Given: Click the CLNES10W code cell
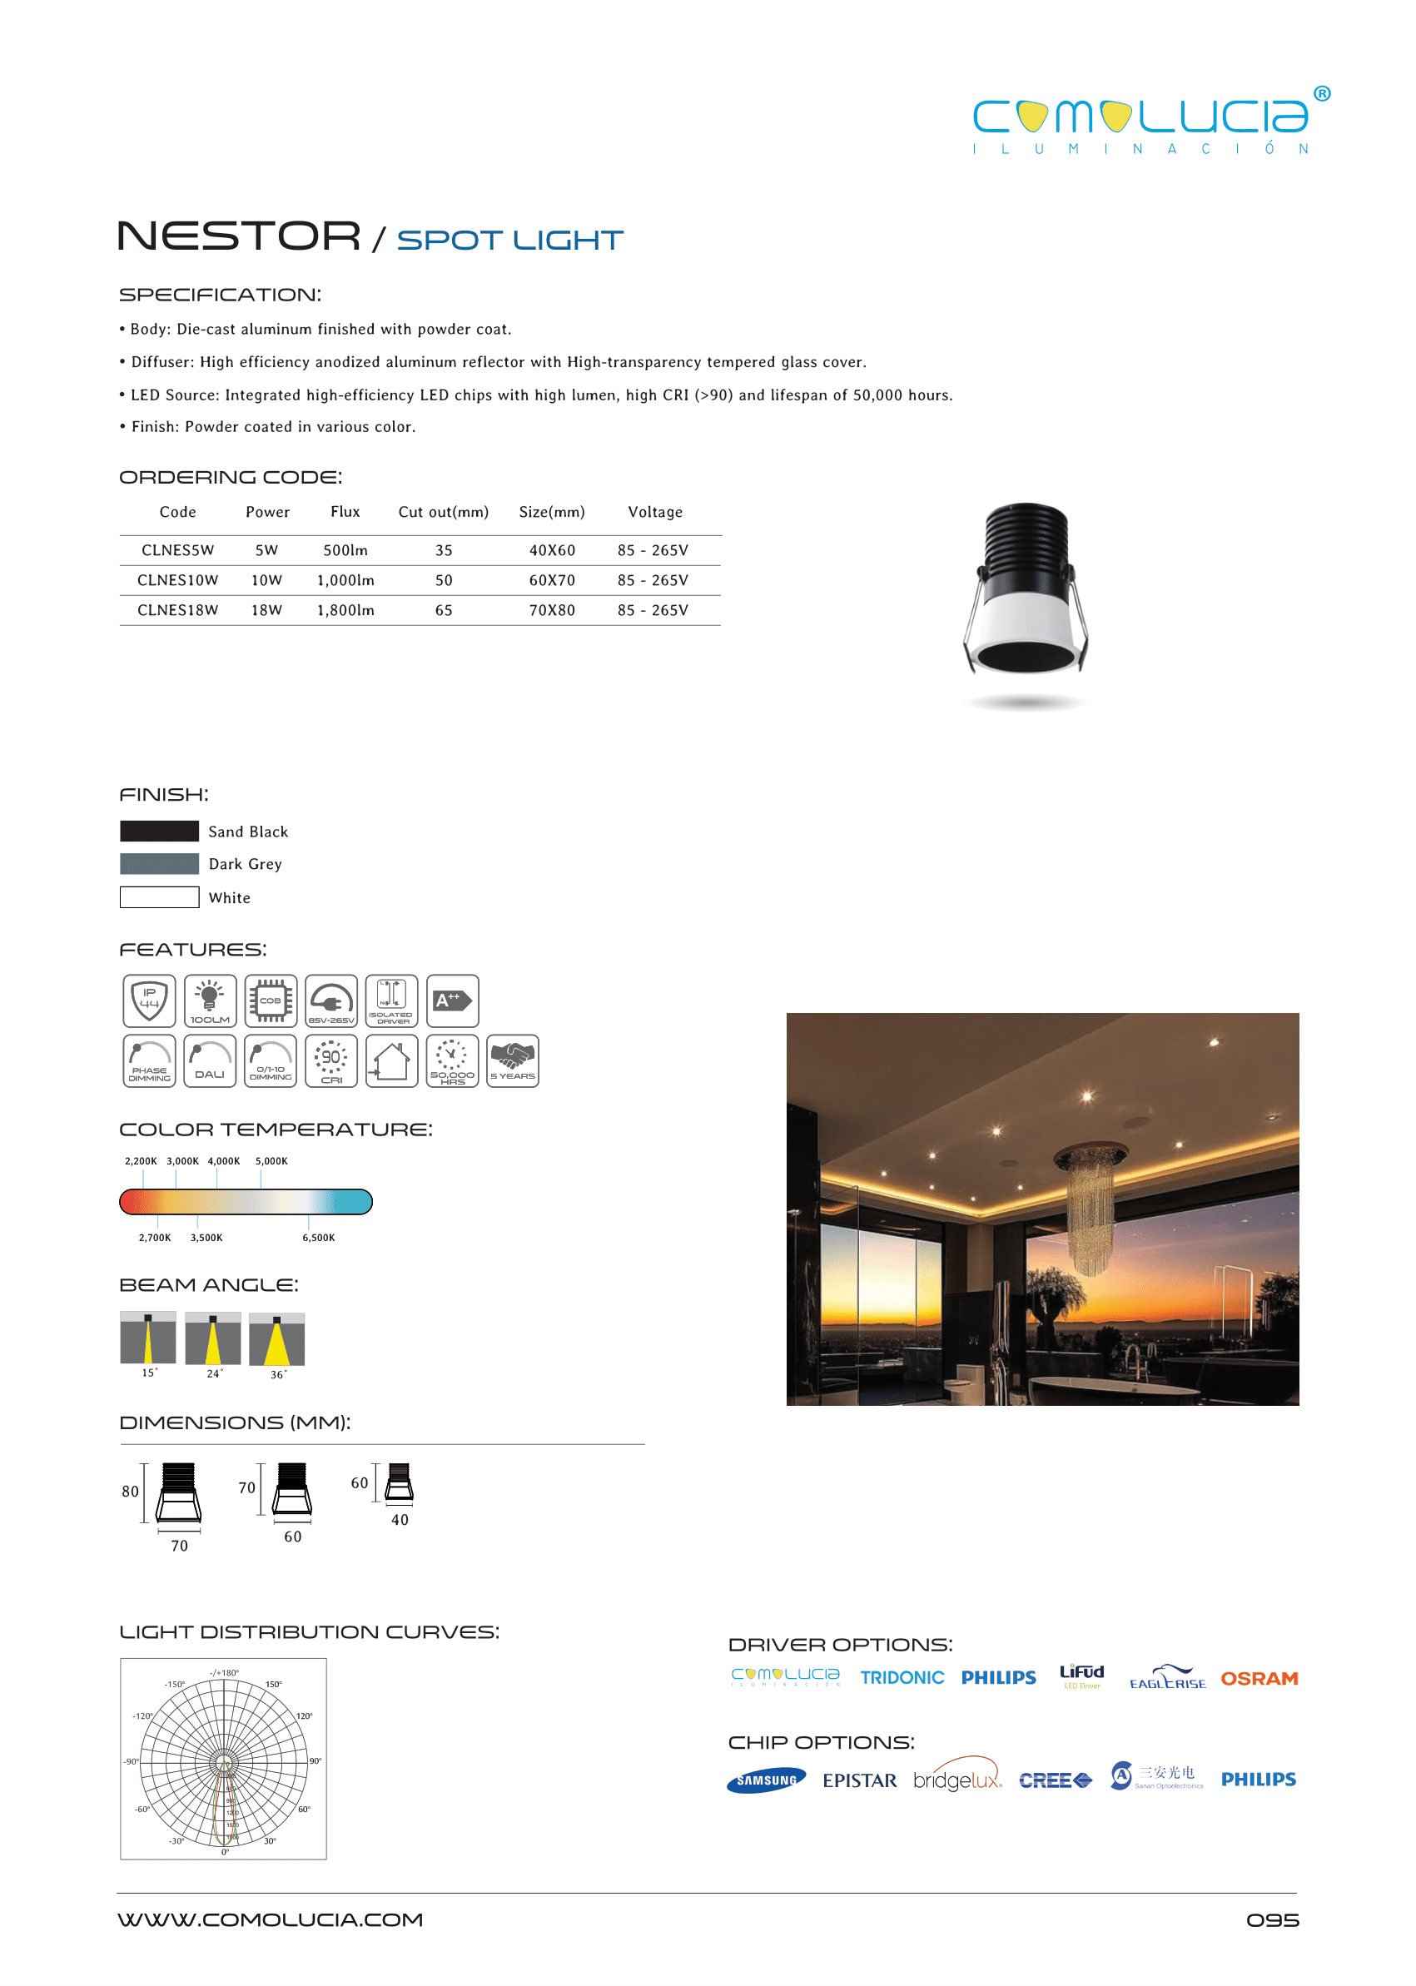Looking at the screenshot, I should coord(177,581).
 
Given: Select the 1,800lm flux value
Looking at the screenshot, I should coord(345,610).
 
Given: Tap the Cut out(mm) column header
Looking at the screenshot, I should coord(443,513).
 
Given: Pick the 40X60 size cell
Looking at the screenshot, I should coord(552,551).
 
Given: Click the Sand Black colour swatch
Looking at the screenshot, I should coord(160,831).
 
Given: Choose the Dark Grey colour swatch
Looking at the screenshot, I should coord(160,864).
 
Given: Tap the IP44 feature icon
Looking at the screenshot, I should coord(149,1000).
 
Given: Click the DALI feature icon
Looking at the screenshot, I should coord(210,1061).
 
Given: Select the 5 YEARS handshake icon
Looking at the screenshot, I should coord(513,1061).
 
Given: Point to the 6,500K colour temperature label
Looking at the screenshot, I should coord(318,1238).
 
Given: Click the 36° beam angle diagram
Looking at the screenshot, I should coord(276,1339).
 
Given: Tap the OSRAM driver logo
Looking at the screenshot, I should coord(1259,1678).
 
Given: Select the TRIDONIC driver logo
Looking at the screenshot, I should coord(902,1678).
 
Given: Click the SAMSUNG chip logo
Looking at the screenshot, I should coord(767,1780).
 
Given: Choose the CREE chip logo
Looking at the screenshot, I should coord(1055,1780).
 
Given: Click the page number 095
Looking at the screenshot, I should coord(1272,1920).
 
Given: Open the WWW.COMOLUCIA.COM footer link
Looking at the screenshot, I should coord(271,1919).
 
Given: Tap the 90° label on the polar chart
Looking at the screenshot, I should coord(315,1761).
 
